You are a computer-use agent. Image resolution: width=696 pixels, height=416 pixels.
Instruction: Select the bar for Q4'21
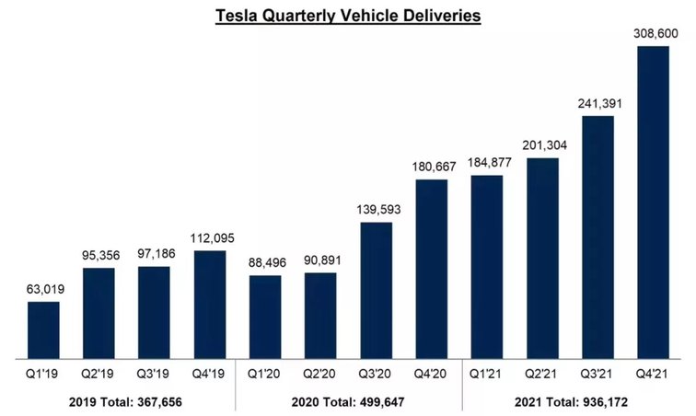pyautogui.click(x=653, y=202)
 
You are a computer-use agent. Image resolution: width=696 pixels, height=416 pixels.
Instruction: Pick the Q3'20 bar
pyautogui.click(x=376, y=290)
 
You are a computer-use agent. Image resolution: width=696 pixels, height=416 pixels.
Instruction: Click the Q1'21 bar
pyautogui.click(x=486, y=267)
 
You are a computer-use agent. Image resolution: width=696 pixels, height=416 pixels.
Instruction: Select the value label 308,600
pyautogui.click(x=653, y=33)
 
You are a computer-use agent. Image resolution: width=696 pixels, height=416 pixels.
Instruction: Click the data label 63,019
pyautogui.click(x=43, y=289)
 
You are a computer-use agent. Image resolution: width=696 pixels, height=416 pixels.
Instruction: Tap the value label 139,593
pyautogui.click(x=376, y=210)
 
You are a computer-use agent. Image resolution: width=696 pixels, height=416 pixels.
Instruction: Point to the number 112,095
pyautogui.click(x=210, y=237)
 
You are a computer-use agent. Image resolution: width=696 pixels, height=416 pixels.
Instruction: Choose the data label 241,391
pyautogui.click(x=597, y=103)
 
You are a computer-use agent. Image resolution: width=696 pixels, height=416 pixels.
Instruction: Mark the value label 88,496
pyautogui.click(x=265, y=262)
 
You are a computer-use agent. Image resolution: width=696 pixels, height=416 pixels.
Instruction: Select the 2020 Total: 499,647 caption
pyautogui.click(x=348, y=402)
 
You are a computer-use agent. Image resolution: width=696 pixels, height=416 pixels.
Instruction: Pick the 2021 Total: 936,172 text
pyautogui.click(x=570, y=402)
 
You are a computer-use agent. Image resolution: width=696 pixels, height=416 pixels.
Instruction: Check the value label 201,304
pyautogui.click(x=542, y=145)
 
